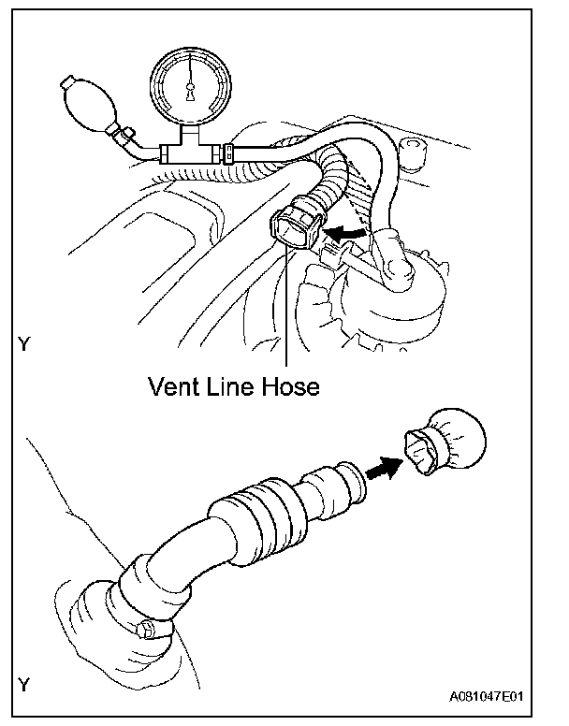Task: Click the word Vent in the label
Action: (x=175, y=385)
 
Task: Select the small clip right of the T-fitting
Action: (x=228, y=149)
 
